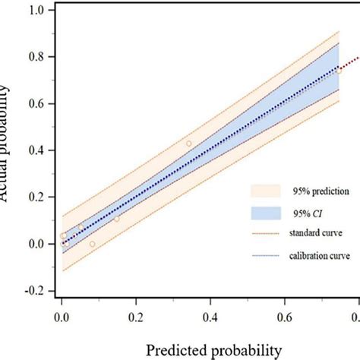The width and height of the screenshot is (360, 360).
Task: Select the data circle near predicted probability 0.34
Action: tap(189, 144)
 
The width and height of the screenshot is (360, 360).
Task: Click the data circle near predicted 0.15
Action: tap(116, 219)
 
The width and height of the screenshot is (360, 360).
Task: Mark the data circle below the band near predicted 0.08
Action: tap(93, 244)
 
